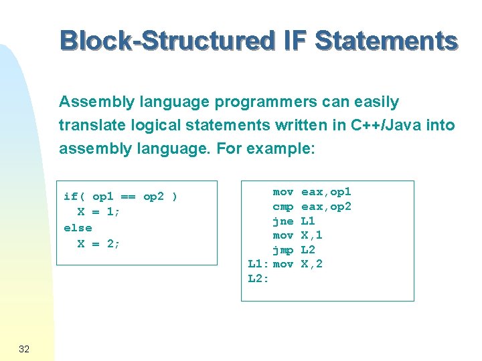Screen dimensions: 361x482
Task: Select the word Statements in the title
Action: (386, 40)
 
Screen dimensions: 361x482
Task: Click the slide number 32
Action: (24, 349)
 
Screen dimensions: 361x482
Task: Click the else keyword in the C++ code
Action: (78, 228)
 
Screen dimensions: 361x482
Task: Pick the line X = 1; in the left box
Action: (98, 212)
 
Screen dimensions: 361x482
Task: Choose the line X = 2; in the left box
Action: (98, 243)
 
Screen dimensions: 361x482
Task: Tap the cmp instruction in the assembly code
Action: (283, 207)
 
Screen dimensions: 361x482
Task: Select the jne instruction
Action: (283, 221)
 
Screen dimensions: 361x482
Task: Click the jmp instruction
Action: (283, 249)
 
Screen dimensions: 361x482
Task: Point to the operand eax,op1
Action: (326, 192)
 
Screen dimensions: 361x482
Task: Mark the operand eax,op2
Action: (326, 207)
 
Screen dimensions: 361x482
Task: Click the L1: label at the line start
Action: (258, 264)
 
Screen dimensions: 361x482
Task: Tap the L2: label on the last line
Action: (258, 279)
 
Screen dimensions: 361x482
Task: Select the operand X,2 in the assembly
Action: (311, 264)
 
